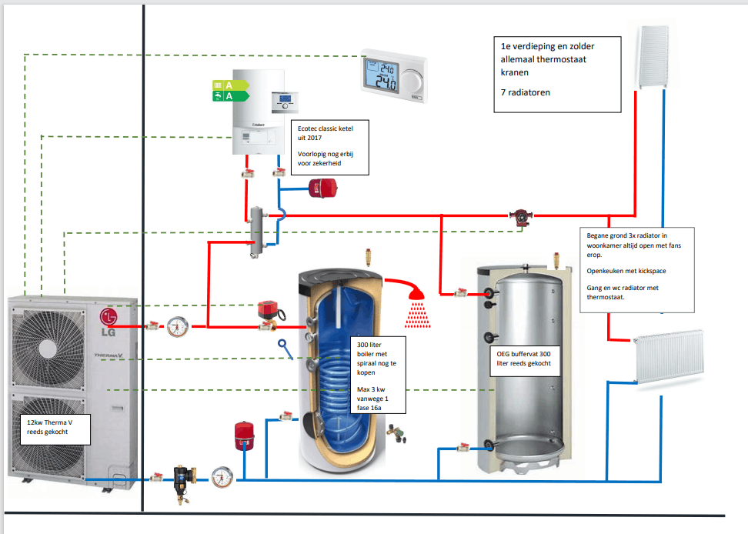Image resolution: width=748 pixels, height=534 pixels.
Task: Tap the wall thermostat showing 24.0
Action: [x=394, y=75]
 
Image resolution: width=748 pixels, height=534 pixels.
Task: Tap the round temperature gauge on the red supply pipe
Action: [x=176, y=326]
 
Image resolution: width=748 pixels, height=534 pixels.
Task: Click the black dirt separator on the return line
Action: [x=183, y=479]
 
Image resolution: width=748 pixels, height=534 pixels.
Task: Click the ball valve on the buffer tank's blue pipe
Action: [x=463, y=446]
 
